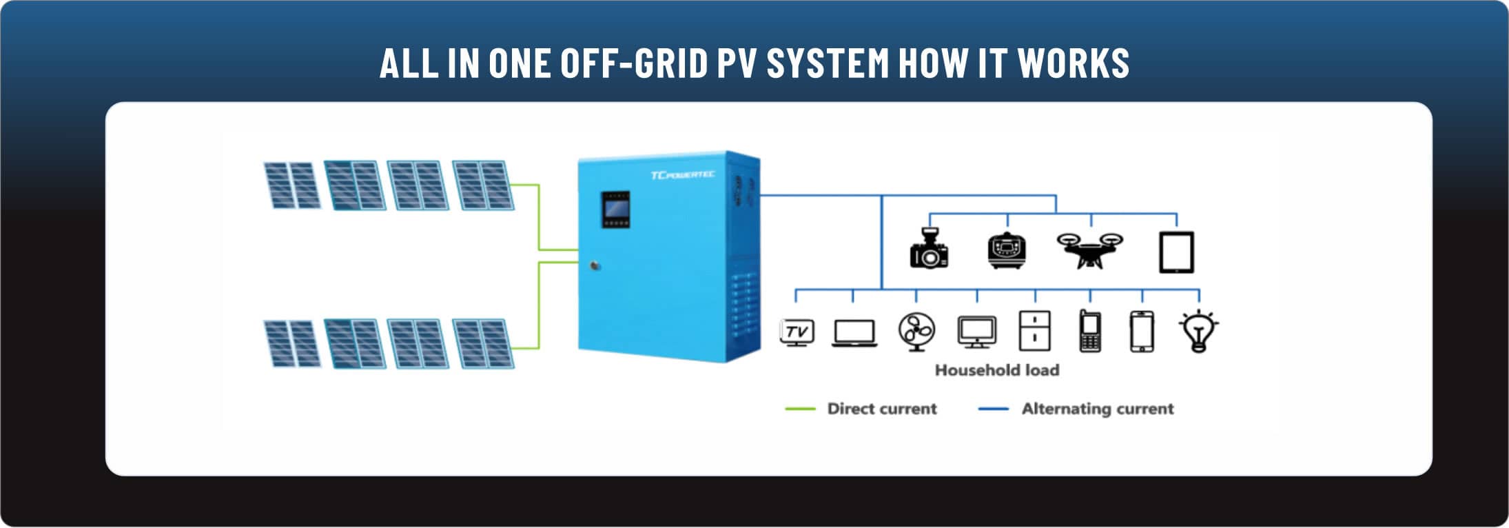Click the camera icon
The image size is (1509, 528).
click(929, 248)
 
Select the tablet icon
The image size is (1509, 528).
click(1176, 252)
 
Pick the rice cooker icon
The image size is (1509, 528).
click(1007, 250)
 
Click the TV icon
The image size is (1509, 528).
click(797, 332)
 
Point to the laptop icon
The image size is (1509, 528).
click(854, 333)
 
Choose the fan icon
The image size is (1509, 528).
click(916, 332)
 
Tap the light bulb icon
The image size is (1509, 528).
click(1199, 331)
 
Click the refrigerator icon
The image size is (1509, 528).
click(1034, 331)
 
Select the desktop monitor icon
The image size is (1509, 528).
click(977, 332)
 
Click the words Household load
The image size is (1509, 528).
click(997, 370)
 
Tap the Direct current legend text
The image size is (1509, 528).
click(882, 409)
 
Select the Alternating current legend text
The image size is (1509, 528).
click(1098, 409)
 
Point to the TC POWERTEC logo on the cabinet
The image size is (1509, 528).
click(682, 175)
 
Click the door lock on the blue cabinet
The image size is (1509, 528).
click(595, 265)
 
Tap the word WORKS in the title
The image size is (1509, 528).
click(1074, 63)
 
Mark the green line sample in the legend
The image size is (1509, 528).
click(800, 409)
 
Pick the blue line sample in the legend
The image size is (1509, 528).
click(994, 409)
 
